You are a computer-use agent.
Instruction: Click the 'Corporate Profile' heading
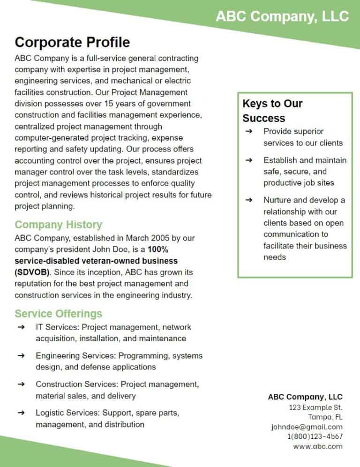coord(72,42)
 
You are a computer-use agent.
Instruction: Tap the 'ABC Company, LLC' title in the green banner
coord(282,16)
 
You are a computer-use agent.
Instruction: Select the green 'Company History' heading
coord(58,225)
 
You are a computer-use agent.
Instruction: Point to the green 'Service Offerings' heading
coord(58,313)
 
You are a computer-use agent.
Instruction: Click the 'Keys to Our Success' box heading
coord(272,111)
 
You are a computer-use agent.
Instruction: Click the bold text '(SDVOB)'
coord(32,272)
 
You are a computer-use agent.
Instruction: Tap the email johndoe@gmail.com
coord(307,427)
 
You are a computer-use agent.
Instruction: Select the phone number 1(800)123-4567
coord(315,437)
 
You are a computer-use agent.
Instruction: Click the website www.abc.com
coord(318,446)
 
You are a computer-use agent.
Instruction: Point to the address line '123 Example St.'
coord(315,407)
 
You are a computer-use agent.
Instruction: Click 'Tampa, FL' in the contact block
coord(325,417)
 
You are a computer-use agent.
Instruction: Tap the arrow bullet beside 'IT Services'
coord(21,327)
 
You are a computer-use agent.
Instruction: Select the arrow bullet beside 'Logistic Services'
coord(21,413)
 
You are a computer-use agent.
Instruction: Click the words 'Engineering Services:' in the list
coord(76,355)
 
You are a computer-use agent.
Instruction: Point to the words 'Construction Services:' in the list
coord(77,384)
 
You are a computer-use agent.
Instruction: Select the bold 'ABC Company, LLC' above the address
coord(305,397)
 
